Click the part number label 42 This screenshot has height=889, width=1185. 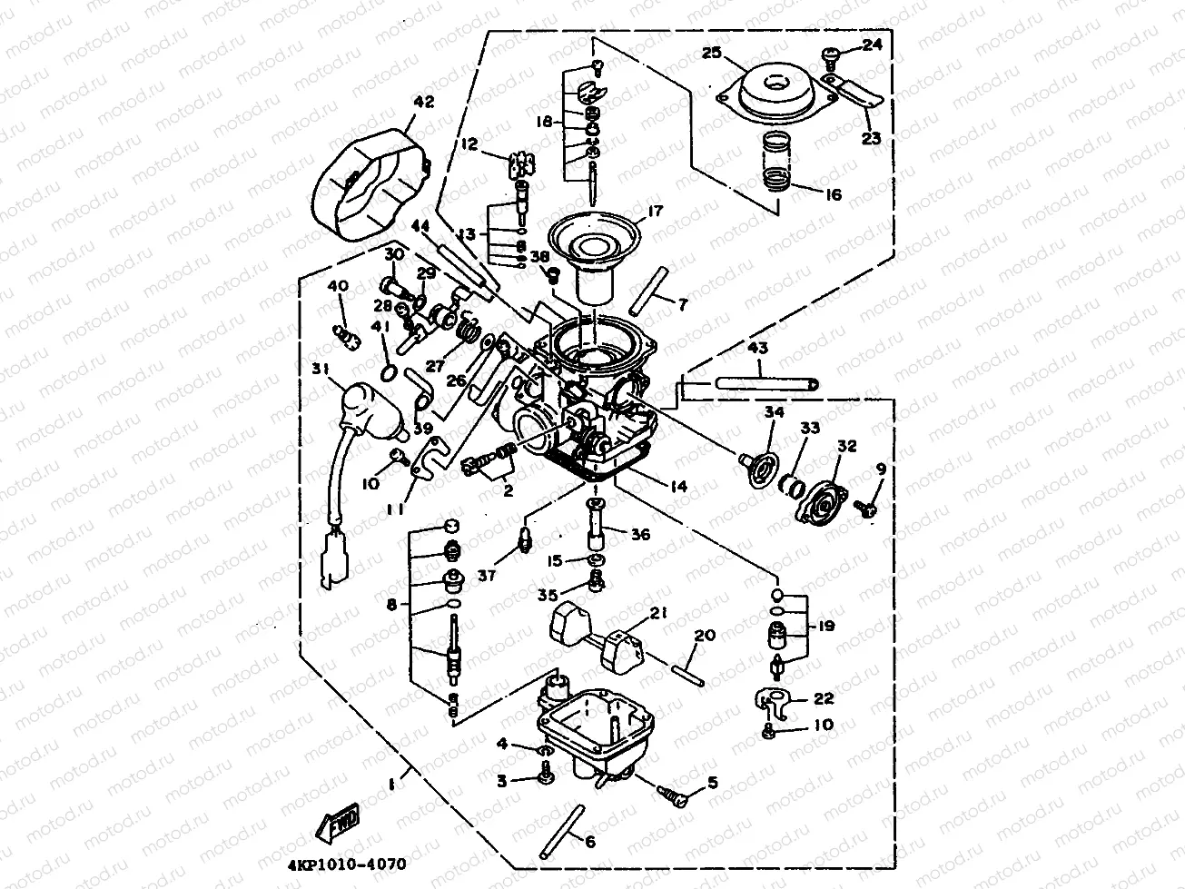[x=423, y=102]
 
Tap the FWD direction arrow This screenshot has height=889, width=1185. [x=337, y=824]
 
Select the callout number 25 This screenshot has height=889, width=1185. [x=711, y=54]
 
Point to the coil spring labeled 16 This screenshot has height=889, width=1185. [x=774, y=161]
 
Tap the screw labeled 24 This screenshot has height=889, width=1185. [x=833, y=59]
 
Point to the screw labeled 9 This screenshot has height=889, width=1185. [x=867, y=511]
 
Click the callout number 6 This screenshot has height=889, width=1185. [x=589, y=842]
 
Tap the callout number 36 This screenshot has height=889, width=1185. [x=641, y=535]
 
